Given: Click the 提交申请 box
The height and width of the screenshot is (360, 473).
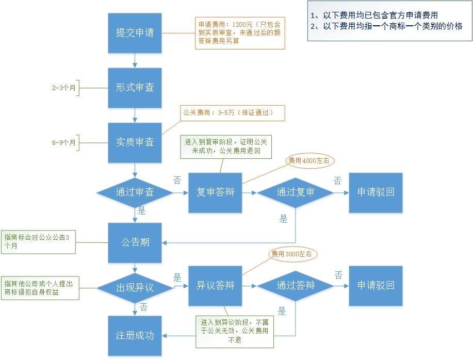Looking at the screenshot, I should point(135,32).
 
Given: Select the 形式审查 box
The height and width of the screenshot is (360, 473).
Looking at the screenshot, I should point(135,87).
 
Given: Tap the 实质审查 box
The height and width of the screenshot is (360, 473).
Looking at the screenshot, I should point(135,142).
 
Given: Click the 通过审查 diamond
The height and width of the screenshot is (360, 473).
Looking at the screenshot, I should point(135,192).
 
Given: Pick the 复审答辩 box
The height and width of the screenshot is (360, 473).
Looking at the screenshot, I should point(215,192).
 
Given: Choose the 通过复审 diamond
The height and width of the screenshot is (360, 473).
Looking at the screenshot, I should point(296,192).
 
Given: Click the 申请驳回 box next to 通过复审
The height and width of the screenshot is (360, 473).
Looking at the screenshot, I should point(376,192).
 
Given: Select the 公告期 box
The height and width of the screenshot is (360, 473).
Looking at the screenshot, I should point(135,242).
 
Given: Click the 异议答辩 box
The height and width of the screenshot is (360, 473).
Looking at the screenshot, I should point(215,285).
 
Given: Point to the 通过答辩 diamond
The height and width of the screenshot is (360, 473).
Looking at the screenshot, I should point(296,285).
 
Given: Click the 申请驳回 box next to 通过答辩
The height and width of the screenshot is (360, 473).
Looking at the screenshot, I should point(376,285).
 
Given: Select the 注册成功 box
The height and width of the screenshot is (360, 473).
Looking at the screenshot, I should point(135,336).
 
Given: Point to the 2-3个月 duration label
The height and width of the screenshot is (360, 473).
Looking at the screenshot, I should point(64,88).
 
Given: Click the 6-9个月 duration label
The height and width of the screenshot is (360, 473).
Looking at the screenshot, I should point(64,142).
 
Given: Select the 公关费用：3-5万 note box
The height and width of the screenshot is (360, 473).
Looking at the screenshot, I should point(232,113).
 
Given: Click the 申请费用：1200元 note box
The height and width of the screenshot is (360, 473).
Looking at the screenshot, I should point(241,32).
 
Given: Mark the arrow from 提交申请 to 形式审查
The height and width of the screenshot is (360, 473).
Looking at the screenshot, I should point(135,60).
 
